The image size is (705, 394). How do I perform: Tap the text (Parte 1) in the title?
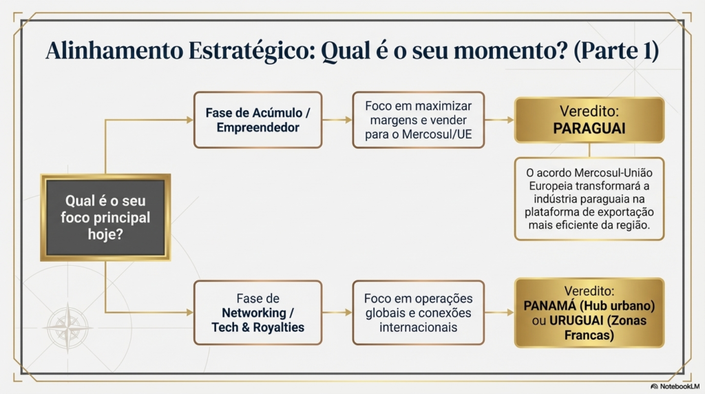[x=616, y=50]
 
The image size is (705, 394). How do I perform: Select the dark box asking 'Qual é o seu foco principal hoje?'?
[x=105, y=218]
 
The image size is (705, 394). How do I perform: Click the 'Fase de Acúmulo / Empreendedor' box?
[x=257, y=120]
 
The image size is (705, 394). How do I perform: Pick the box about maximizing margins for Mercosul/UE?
[x=418, y=120]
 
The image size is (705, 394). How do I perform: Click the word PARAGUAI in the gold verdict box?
[x=589, y=129]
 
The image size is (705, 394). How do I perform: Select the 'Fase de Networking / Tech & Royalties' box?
[x=257, y=313]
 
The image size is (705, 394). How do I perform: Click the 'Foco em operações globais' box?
[x=418, y=313]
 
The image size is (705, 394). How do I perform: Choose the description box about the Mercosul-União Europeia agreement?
[x=589, y=199]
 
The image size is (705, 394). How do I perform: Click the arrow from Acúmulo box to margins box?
[x=337, y=120]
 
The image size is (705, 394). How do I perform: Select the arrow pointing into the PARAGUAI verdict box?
[x=499, y=120]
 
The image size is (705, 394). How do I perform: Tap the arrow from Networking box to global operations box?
[x=337, y=313]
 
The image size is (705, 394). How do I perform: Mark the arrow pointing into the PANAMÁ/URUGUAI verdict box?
[x=499, y=313]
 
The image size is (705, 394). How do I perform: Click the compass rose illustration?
[x=67, y=327]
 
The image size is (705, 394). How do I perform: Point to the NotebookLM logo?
[x=675, y=386]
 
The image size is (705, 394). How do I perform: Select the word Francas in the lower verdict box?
[x=589, y=335]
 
